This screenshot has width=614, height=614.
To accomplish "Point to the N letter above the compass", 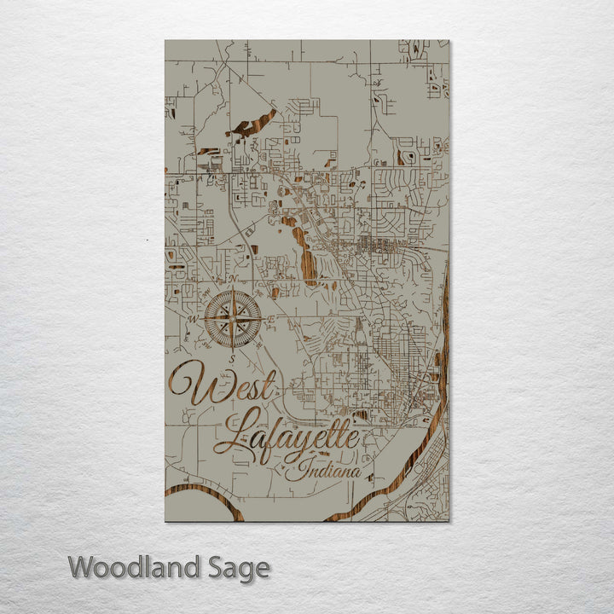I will (232, 279).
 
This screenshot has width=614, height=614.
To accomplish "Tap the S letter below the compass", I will (231, 360).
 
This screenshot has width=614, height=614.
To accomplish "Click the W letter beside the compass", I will (192, 321).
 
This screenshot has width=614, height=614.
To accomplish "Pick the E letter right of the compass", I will (271, 319).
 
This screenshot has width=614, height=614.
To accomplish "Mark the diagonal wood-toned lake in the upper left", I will (253, 125).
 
